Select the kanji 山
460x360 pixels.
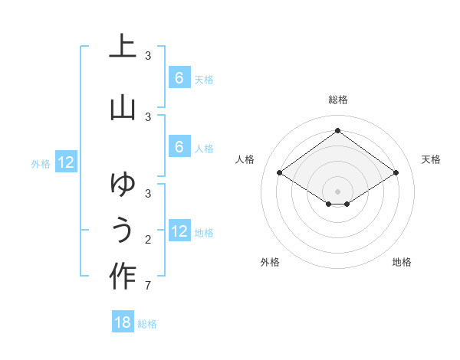123,106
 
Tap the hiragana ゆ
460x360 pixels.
123,184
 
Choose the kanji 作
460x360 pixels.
123,276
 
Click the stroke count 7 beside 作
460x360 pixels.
147,286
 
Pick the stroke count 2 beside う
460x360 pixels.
147,241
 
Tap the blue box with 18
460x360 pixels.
123,322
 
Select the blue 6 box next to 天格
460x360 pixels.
179,78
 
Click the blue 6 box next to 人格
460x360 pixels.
179,147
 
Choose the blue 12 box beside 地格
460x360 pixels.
179,231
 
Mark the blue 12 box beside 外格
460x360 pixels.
66,162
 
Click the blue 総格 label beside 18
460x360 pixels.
147,324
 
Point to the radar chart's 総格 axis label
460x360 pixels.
337,100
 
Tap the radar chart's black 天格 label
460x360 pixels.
431,159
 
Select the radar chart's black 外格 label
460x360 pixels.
270,262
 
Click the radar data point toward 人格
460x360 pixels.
280,173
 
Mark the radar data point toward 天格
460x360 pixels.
396,173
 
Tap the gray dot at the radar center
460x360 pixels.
337,191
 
